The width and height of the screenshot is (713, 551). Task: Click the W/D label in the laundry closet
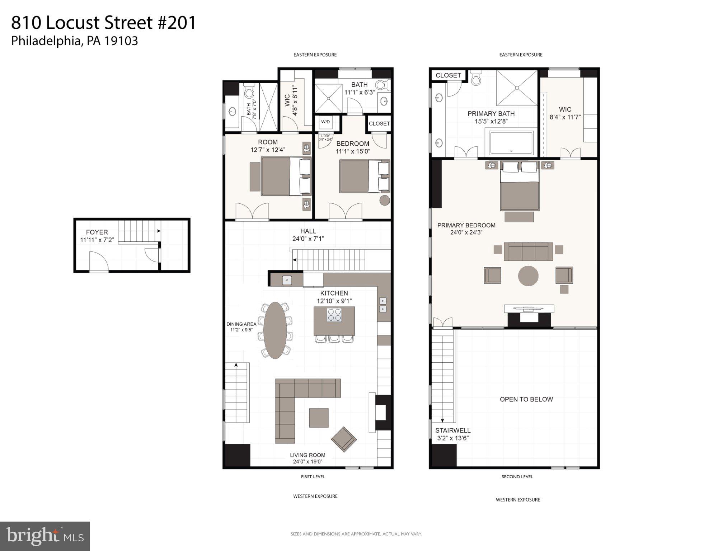pyautogui.click(x=325, y=122)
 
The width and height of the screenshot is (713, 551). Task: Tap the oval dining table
pyautogui.click(x=275, y=330)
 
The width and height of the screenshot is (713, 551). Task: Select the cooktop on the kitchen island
pyautogui.click(x=334, y=315)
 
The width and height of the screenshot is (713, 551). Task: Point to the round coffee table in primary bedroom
pyautogui.click(x=528, y=275)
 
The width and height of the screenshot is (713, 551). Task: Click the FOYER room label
pyautogui.click(x=97, y=232)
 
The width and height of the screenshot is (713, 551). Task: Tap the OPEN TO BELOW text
pyautogui.click(x=526, y=399)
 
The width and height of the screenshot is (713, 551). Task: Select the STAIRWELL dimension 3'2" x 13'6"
pyautogui.click(x=453, y=438)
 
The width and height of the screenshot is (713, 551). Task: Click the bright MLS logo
pyautogui.click(x=45, y=536)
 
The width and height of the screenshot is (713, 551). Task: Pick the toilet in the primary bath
pyautogui.click(x=476, y=79)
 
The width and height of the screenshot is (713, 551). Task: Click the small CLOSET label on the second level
pyautogui.click(x=448, y=75)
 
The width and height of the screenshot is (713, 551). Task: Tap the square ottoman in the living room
pyautogui.click(x=319, y=418)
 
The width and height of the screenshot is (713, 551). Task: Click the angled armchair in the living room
pyautogui.click(x=344, y=439)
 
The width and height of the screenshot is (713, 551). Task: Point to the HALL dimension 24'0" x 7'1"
pyautogui.click(x=308, y=239)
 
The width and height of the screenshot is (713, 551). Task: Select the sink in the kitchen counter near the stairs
pyautogui.click(x=286, y=280)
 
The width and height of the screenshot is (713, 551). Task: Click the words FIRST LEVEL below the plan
pyautogui.click(x=313, y=477)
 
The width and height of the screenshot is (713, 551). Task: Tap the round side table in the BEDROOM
pyautogui.click(x=385, y=200)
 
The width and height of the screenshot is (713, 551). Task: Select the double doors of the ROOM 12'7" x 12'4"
pyautogui.click(x=252, y=211)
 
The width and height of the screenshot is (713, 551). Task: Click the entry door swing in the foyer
pyautogui.click(x=98, y=261)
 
